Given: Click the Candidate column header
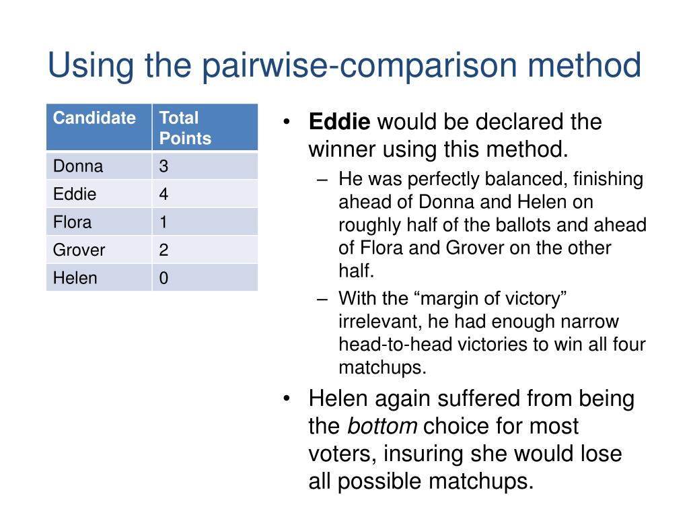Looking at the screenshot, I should pos(94,118).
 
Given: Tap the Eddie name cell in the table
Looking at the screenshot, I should pos(75,195).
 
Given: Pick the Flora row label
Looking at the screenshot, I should pos(73,222).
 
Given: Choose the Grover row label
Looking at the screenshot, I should pos(79,250).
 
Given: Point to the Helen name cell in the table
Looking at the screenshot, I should pos(75,278).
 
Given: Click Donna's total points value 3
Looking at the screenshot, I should pos(164,166).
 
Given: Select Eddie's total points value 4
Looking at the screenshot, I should pos(164,195).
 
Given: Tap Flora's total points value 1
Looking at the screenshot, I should pos(164,222).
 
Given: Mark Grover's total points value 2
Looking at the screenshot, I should pos(164,250).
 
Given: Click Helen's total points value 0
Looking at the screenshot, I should pos(164,278).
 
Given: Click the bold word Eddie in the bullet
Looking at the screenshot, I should pos(339,123).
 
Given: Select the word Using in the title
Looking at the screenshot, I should pos(88,67).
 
